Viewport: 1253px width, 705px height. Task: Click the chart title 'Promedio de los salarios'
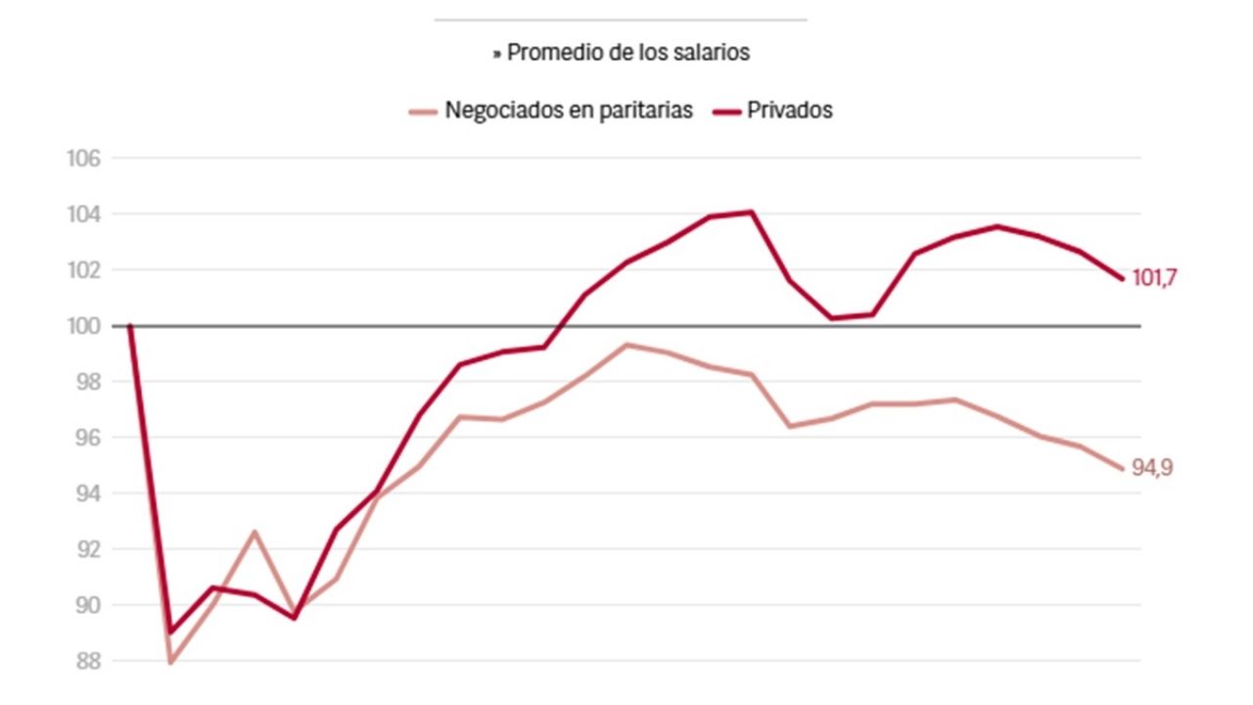click(x=627, y=53)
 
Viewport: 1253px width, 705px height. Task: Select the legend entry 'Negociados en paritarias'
click(x=569, y=110)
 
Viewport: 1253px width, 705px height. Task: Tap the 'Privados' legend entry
click(x=789, y=110)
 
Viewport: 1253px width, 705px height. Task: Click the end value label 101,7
click(x=1154, y=278)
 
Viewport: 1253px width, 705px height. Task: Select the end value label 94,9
click(x=1152, y=468)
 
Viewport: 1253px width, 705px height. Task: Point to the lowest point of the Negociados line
click(x=170, y=663)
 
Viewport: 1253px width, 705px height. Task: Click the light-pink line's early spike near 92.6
click(x=254, y=532)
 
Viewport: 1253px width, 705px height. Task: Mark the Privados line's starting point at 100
click(x=129, y=326)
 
